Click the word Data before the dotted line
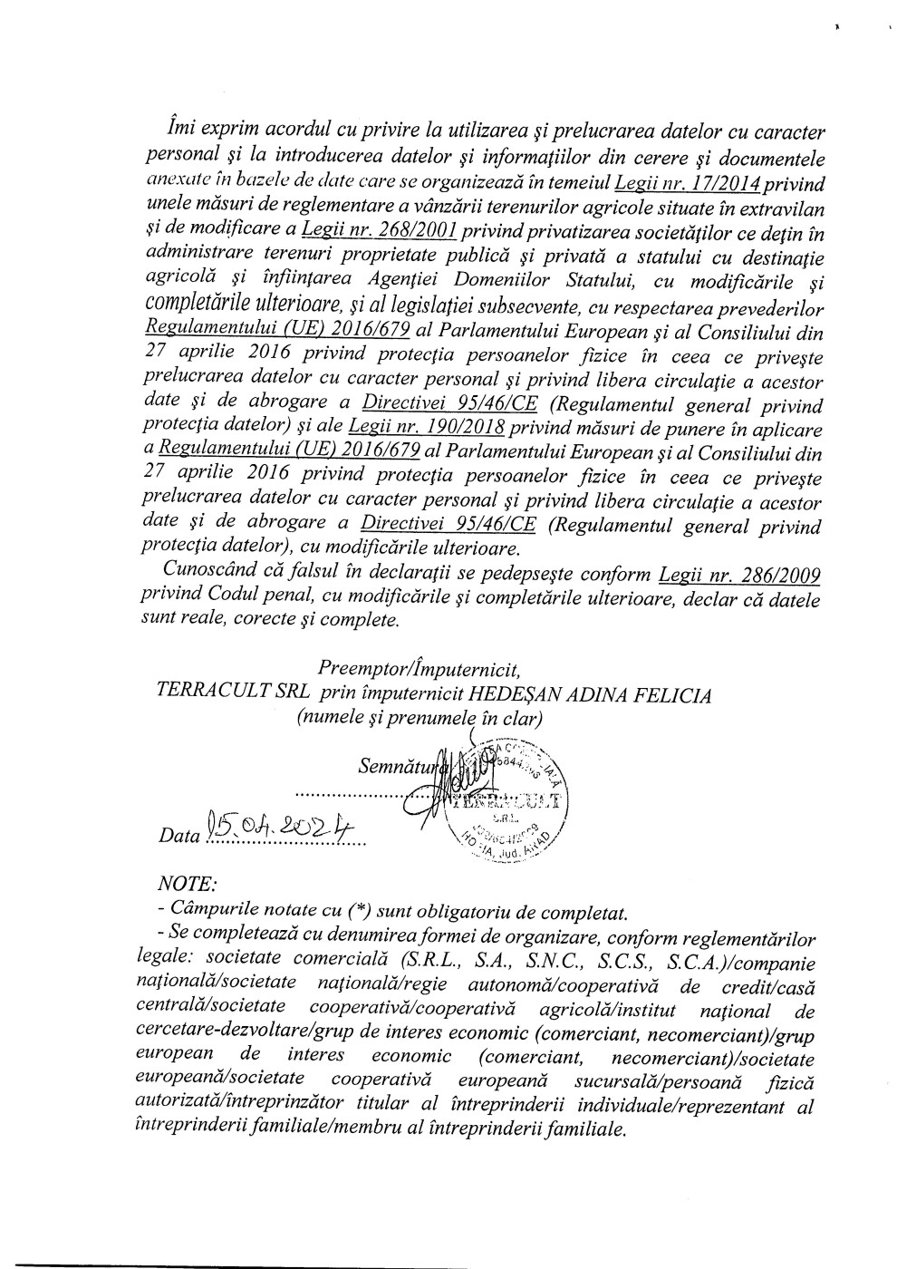point(178,835)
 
